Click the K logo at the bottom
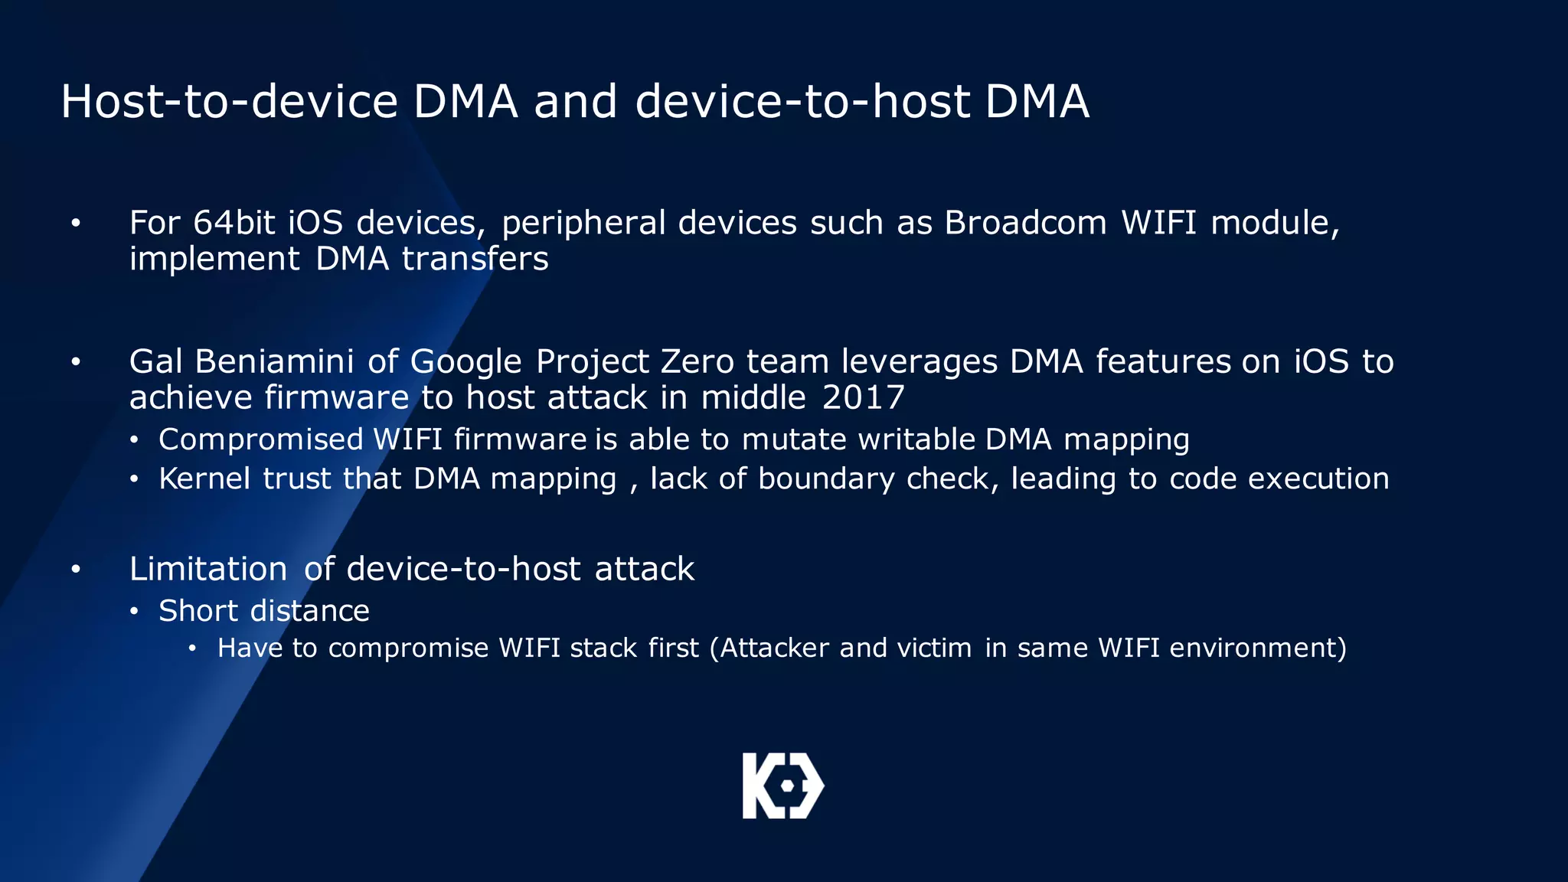coord(782,786)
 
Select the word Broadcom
coord(1025,223)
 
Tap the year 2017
coord(863,397)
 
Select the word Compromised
coord(260,440)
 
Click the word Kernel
coord(204,479)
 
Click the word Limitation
coord(208,569)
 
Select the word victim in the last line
coord(934,648)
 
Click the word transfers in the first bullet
coord(475,259)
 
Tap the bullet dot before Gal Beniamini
coord(76,362)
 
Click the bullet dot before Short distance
coord(134,612)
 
